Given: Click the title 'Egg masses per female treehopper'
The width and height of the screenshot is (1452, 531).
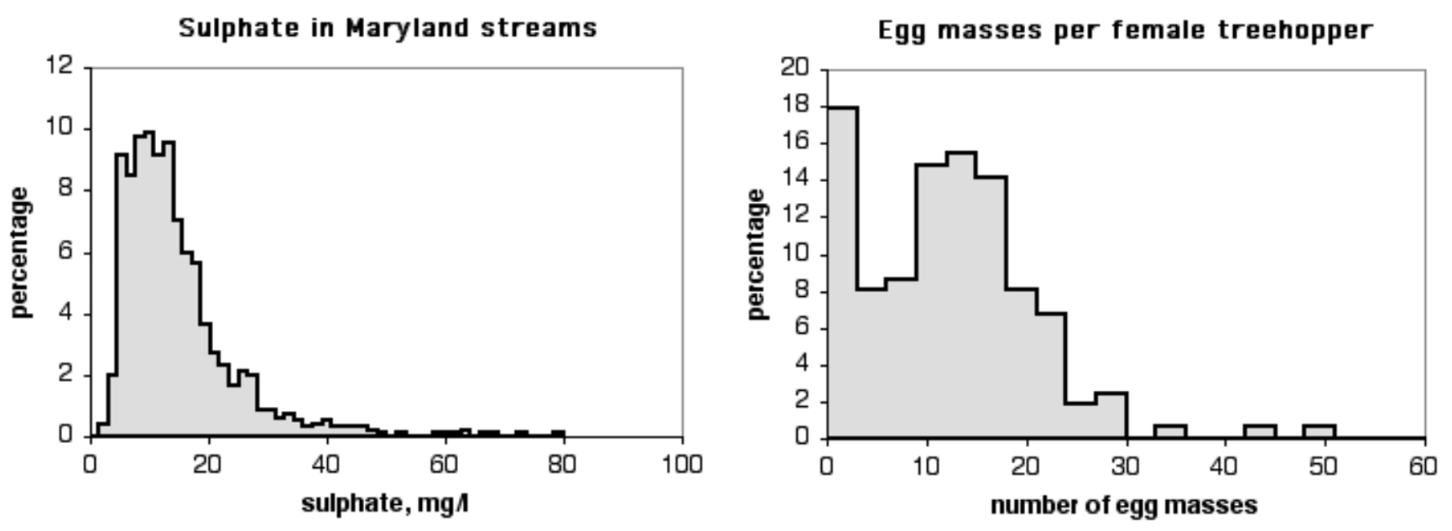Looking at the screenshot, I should tap(1125, 31).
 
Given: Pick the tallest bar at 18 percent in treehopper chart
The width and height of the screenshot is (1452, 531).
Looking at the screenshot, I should tap(841, 272).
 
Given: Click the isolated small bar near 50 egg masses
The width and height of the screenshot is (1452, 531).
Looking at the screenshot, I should tap(1319, 431).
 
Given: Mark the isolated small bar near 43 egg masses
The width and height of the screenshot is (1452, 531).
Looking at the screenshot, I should tap(1259, 431).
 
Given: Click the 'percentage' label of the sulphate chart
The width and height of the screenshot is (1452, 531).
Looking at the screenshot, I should tap(23, 251).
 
